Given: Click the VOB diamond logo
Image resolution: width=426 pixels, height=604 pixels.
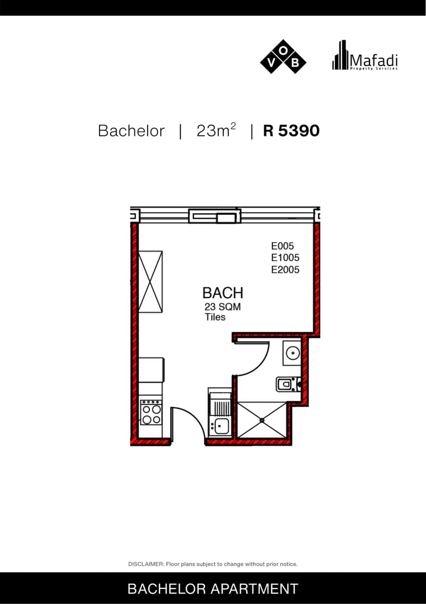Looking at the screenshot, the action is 283,56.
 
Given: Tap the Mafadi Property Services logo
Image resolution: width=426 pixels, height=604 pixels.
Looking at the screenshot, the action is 364,55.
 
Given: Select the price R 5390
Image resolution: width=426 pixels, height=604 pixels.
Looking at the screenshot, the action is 291,130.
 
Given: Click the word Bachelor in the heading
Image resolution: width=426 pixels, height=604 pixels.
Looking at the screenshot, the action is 131,131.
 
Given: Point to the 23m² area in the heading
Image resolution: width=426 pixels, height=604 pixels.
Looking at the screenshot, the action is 216,130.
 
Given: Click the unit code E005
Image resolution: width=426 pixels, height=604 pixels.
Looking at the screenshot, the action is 282,246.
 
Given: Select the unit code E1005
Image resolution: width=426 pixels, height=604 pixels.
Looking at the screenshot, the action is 285,258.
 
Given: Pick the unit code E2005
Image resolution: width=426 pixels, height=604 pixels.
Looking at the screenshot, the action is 285,270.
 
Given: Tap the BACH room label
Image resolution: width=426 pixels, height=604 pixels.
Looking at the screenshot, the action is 223,293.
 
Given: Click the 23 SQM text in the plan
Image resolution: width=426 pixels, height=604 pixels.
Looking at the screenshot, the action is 222,307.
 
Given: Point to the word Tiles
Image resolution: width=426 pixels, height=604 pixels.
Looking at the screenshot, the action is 215,317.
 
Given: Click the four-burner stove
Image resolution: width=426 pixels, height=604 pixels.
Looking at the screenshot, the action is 151,412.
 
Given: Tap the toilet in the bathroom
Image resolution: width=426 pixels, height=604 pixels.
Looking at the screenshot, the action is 288,384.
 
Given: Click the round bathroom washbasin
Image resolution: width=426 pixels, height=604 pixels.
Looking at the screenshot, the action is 293,352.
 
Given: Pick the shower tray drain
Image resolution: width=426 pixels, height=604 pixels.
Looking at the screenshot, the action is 262,420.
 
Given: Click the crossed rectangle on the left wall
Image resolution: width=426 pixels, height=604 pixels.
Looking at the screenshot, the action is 150,281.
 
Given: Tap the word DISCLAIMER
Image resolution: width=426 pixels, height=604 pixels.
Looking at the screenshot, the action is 146,564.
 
